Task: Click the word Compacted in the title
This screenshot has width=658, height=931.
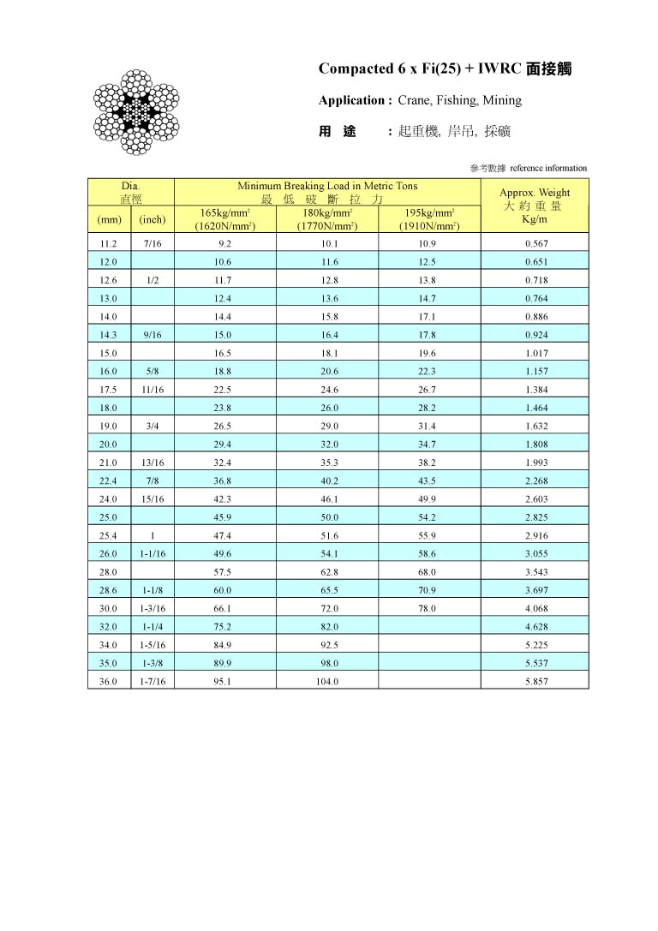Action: click(354, 69)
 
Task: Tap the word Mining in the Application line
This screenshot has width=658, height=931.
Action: click(502, 100)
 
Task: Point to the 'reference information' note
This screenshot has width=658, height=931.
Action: click(548, 168)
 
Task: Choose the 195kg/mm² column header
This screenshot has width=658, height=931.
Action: click(429, 219)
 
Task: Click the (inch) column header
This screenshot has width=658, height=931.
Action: click(152, 219)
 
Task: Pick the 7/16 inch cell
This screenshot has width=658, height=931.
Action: click(152, 243)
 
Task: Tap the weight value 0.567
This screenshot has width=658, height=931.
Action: click(535, 243)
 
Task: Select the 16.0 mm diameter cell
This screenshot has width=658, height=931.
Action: click(109, 371)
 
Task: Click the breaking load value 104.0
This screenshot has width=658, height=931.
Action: click(326, 681)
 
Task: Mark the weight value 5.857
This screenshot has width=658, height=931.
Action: click(535, 681)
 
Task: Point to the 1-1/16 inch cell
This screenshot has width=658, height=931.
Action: click(152, 553)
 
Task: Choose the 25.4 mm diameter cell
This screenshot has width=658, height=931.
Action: click(109, 535)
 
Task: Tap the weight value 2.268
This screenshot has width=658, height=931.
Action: click(535, 480)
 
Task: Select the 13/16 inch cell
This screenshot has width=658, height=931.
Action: click(152, 463)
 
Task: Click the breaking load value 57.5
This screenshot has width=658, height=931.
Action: click(224, 571)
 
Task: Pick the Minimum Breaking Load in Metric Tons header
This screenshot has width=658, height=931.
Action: click(326, 186)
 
